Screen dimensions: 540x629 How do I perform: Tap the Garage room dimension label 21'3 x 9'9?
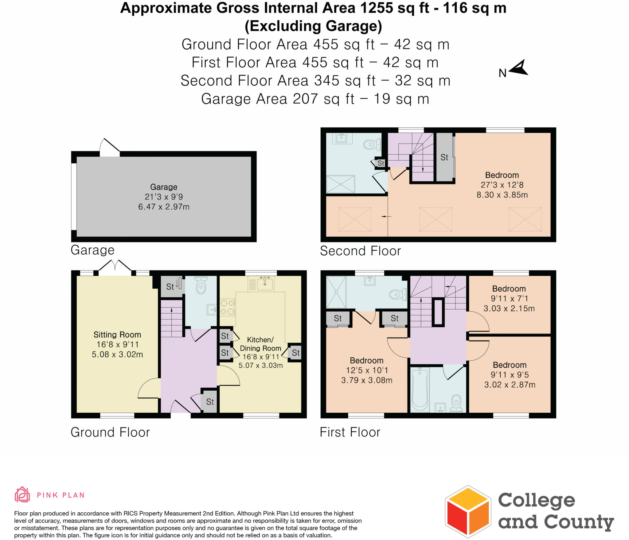tap(164, 197)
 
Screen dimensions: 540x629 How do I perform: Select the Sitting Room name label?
tap(117, 334)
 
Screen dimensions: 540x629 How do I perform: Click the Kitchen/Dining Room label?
tap(260, 344)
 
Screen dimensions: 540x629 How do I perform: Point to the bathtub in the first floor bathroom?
tap(420, 390)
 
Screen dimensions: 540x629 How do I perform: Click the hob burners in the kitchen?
tap(227, 307)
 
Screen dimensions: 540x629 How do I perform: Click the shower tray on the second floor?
tap(340, 184)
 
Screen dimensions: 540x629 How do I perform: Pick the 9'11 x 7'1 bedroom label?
tap(509, 298)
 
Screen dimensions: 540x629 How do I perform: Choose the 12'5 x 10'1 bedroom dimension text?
tap(367, 370)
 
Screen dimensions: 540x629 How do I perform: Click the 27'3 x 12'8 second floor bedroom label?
tap(502, 185)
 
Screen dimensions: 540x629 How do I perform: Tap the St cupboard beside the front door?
tap(210, 401)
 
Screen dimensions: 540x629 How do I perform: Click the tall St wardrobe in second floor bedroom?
tap(444, 157)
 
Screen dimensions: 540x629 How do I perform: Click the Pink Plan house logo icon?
tap(22, 495)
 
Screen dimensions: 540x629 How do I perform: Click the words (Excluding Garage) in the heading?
tap(313, 26)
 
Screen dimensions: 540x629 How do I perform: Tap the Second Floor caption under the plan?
tap(360, 251)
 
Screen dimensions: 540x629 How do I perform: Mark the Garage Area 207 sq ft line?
tap(315, 99)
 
